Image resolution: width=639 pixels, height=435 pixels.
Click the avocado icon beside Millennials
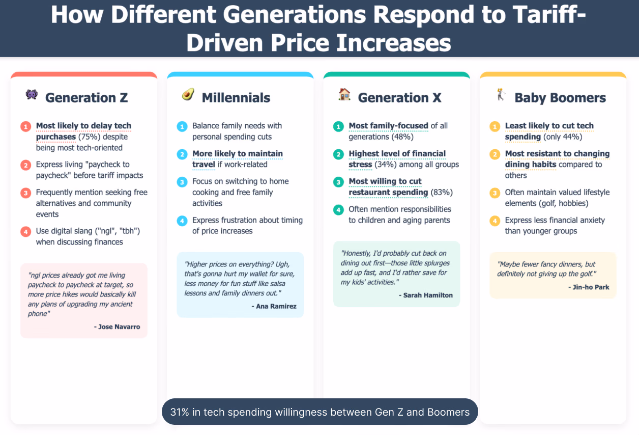pos(188,94)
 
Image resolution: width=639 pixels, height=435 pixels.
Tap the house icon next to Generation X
pos(344,94)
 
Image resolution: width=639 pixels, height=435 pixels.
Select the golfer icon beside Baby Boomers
pos(501,95)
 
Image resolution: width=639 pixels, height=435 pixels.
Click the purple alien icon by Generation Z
pos(32,94)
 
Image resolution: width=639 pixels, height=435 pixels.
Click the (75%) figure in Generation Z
pos(90,137)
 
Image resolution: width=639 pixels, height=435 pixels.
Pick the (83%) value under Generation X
pos(442,192)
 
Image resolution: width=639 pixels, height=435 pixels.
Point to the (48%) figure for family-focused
pos(402,137)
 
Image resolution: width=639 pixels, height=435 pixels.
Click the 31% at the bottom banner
pos(180,412)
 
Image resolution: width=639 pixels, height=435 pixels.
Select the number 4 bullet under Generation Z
pos(25,231)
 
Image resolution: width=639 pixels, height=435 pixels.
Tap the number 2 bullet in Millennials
pos(182,154)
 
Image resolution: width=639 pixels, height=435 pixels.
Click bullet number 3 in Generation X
pos(338,182)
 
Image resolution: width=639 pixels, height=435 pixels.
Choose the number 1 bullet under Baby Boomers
pos(495,126)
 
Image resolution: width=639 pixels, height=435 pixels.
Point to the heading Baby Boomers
pos(560,98)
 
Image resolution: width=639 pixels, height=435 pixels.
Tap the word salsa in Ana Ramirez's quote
pos(277,283)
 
